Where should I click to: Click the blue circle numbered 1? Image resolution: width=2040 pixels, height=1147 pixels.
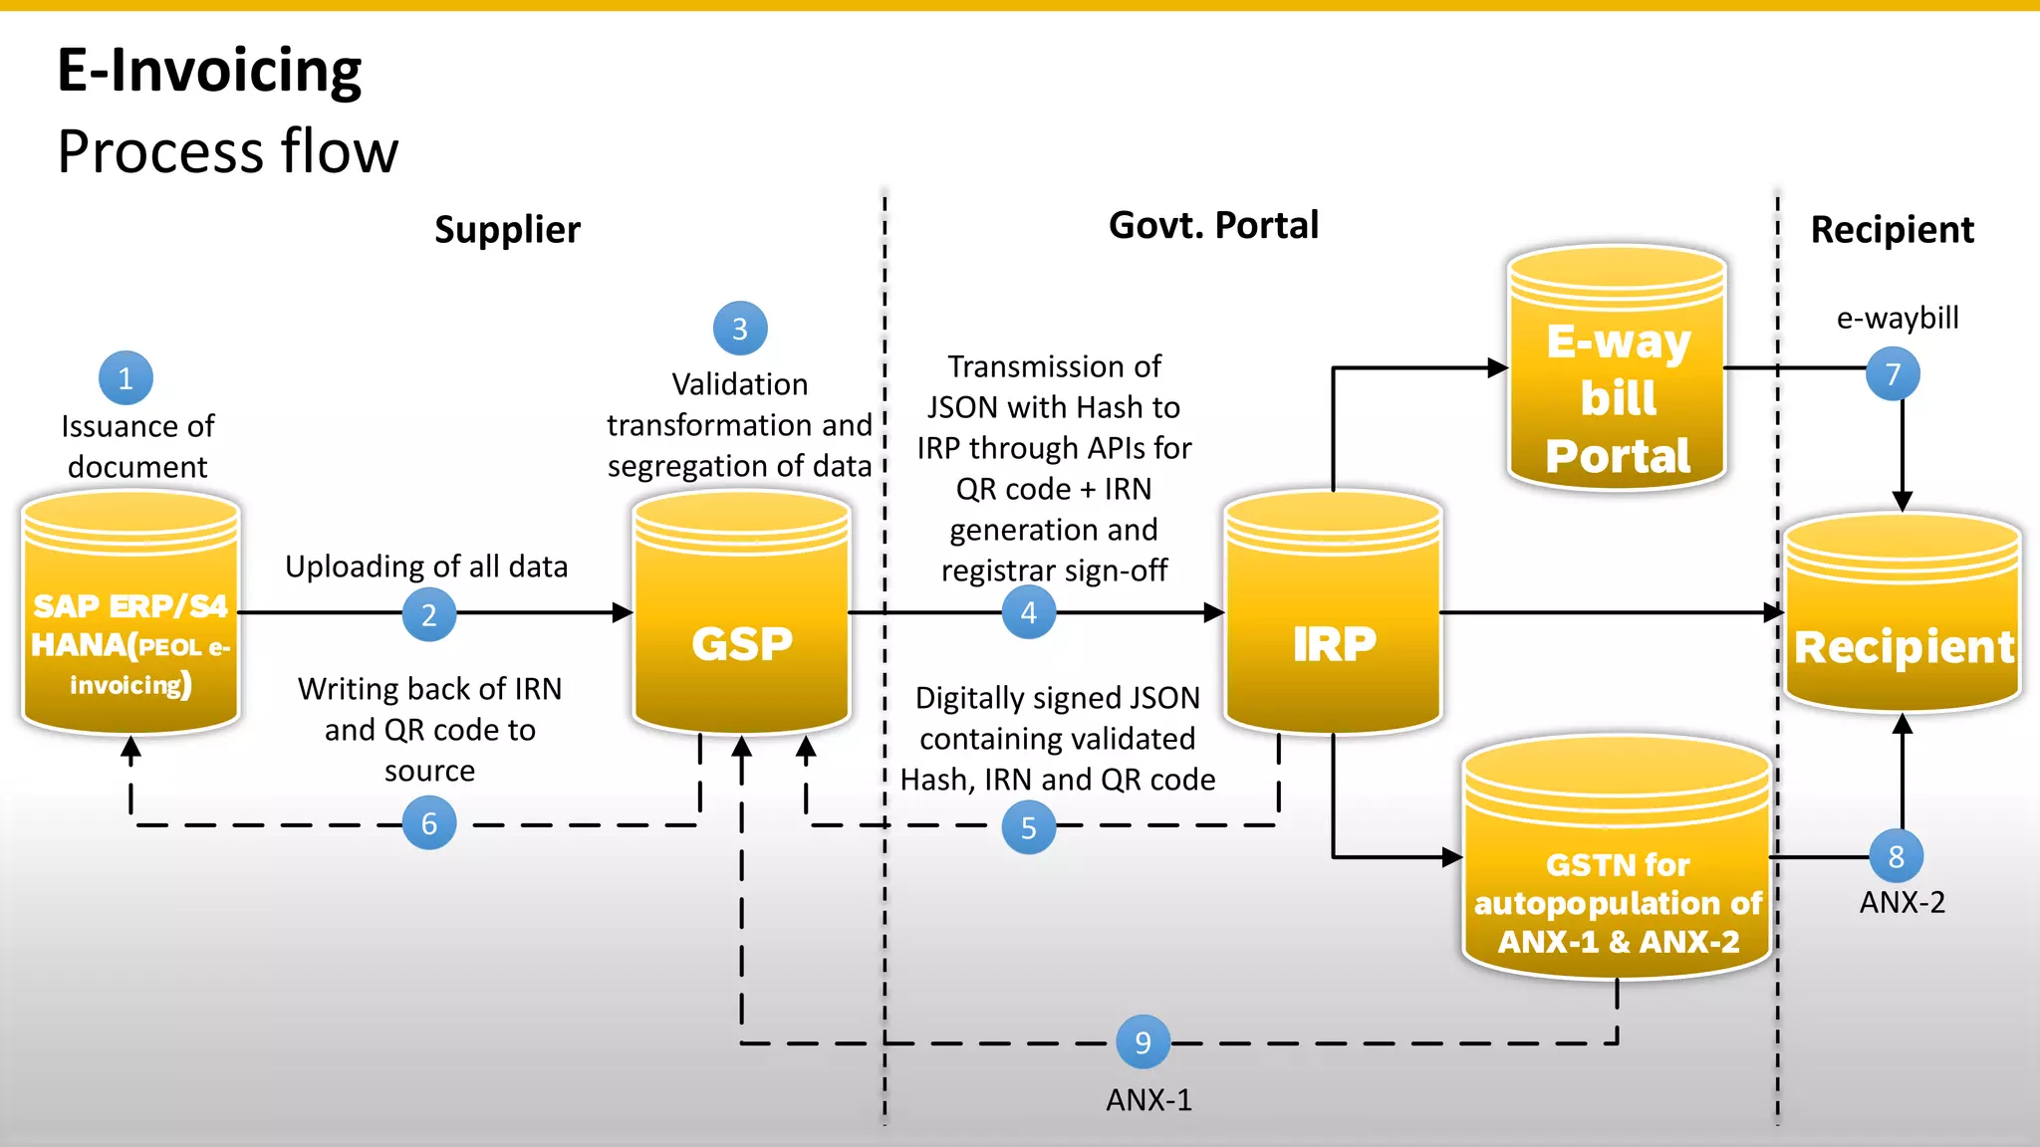tap(126, 378)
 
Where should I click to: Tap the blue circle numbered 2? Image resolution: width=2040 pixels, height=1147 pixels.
tap(429, 614)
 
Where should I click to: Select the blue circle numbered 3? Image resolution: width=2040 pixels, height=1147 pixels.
tap(740, 329)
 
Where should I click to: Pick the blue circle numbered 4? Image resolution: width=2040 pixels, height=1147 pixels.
tap(1029, 612)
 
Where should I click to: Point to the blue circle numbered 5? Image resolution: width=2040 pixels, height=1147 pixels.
tap(1029, 827)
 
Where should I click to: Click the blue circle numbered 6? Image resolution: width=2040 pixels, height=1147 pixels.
tap(429, 823)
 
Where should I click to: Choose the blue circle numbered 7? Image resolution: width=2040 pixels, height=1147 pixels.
tap(1893, 374)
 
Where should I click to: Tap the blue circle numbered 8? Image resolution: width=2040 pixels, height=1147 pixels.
tap(1896, 856)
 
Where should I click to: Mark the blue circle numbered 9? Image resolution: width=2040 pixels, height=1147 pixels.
tap(1143, 1042)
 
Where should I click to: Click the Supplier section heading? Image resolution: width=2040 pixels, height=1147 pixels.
tap(507, 230)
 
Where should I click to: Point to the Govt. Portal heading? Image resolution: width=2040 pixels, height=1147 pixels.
tap(1213, 226)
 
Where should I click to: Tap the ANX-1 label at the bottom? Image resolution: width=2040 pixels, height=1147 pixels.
tap(1148, 1100)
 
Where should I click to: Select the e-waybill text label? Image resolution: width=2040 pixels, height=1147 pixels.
tap(1898, 318)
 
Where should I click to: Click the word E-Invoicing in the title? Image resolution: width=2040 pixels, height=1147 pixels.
tap(209, 71)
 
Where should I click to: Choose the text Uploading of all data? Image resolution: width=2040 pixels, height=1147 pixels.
tap(426, 567)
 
